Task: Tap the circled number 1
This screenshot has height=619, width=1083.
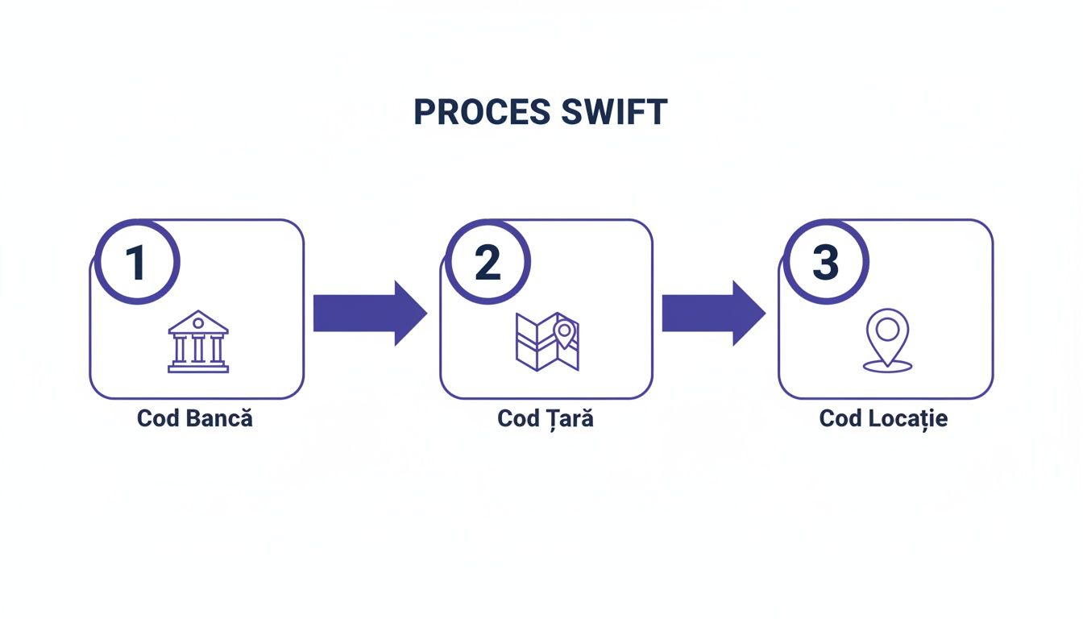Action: click(x=137, y=262)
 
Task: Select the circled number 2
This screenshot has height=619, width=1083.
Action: click(x=488, y=262)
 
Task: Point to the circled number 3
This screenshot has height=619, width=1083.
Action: click(x=825, y=262)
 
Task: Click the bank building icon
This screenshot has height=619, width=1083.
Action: click(x=198, y=342)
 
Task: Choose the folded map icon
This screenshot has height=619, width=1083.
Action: click(x=547, y=342)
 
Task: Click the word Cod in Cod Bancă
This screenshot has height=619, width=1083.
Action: click(x=158, y=419)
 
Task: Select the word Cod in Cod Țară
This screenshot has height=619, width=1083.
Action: click(x=518, y=419)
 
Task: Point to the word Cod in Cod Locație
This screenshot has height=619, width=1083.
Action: click(x=840, y=419)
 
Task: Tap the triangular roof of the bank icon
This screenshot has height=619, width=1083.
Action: click(x=198, y=322)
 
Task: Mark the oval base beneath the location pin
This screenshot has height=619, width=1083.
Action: click(x=887, y=367)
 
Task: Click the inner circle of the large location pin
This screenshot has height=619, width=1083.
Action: click(x=887, y=329)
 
